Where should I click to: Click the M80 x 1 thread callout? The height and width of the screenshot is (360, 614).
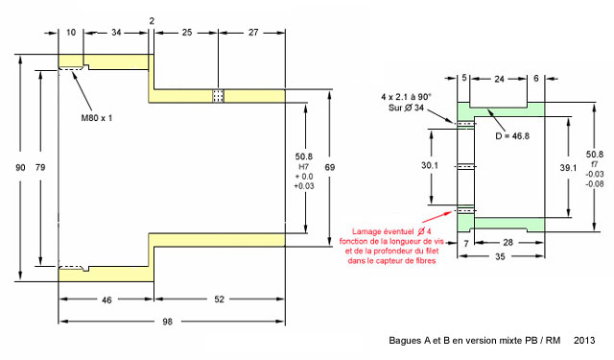click(96, 118)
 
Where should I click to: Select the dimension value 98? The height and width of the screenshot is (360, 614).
click(167, 322)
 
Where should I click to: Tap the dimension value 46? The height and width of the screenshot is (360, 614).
click(106, 300)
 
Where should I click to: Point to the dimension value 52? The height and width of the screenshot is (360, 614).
click(220, 300)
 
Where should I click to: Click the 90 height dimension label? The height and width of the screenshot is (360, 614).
click(20, 168)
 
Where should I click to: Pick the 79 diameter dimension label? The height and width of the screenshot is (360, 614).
click(40, 168)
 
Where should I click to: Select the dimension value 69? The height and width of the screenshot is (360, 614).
click(330, 168)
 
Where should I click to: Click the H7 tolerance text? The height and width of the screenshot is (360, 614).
click(304, 167)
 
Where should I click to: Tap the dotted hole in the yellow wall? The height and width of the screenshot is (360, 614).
click(218, 96)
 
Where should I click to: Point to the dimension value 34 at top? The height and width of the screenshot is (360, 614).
click(116, 33)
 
